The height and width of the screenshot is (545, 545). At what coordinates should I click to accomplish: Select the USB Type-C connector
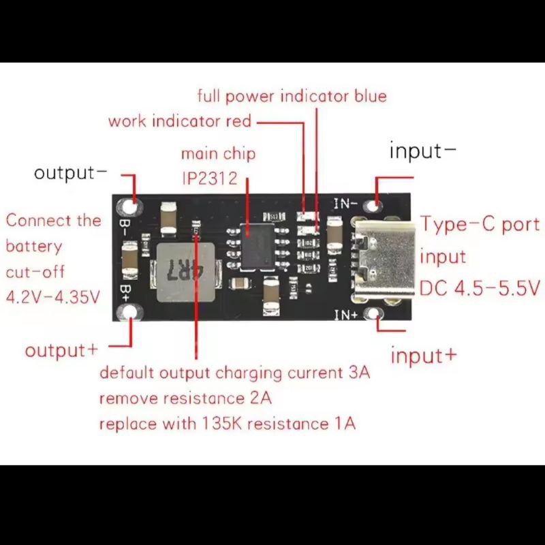click(379, 258)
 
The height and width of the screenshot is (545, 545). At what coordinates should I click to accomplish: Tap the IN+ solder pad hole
click(373, 313)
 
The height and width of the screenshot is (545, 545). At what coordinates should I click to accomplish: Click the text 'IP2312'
click(209, 178)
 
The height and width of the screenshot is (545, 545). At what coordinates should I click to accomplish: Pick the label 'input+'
click(423, 356)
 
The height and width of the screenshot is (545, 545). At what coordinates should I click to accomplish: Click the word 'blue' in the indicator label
click(370, 95)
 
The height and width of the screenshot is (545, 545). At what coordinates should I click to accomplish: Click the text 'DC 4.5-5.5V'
click(480, 288)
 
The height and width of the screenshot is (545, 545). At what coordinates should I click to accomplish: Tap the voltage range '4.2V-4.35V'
click(53, 297)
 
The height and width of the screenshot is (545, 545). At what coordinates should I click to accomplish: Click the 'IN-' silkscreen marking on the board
click(345, 202)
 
